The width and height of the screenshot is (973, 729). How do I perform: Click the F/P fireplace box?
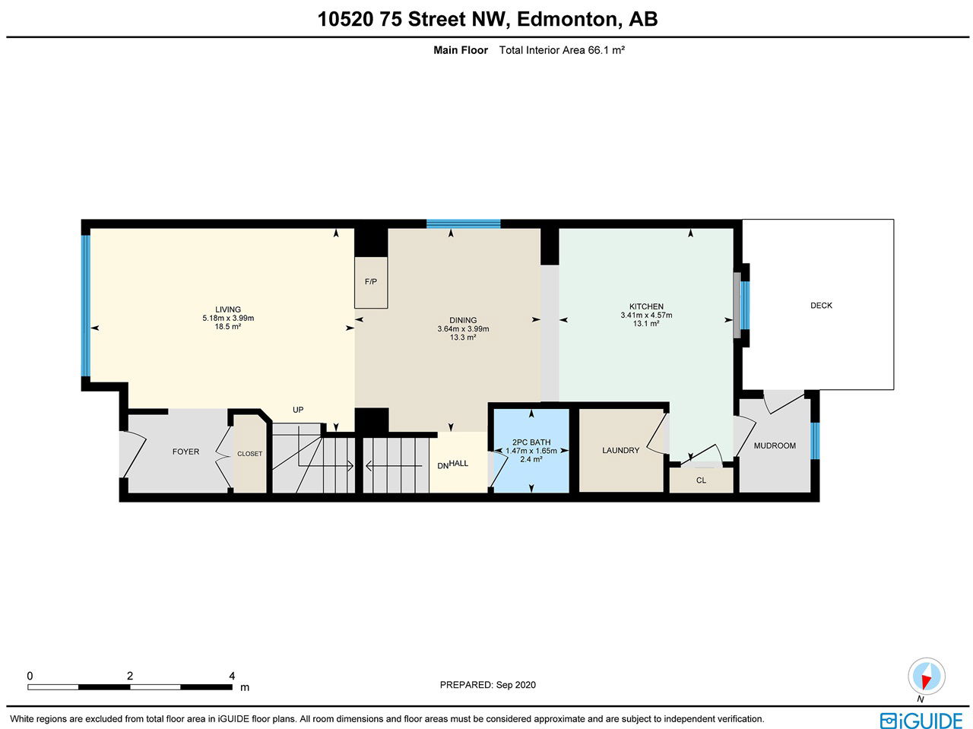click(371, 282)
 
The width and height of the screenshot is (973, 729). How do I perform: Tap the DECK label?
click(821, 306)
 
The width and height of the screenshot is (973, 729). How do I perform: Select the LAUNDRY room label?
click(620, 450)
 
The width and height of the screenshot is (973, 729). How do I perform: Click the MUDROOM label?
click(775, 445)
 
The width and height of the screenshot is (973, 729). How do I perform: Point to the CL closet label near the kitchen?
click(701, 480)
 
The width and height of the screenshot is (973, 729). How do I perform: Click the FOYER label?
click(185, 452)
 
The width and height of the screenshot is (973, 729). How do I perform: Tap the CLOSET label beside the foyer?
click(249, 454)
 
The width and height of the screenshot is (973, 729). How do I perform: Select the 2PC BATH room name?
click(531, 442)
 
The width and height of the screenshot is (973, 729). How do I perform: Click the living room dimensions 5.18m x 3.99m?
click(228, 319)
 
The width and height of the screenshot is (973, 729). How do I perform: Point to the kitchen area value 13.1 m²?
click(646, 324)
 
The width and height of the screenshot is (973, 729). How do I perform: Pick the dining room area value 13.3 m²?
click(463, 338)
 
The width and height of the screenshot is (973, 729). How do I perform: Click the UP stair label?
click(298, 410)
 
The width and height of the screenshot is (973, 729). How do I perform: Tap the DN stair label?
click(443, 466)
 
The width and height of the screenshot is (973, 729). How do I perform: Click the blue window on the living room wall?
click(86, 306)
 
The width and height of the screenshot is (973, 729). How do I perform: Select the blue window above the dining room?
click(463, 223)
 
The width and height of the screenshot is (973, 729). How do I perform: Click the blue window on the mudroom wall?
click(815, 441)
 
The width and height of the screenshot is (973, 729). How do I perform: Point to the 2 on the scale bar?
click(130, 676)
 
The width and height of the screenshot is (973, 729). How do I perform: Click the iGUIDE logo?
click(921, 721)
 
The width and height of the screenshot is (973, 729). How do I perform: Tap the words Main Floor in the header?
click(461, 50)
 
